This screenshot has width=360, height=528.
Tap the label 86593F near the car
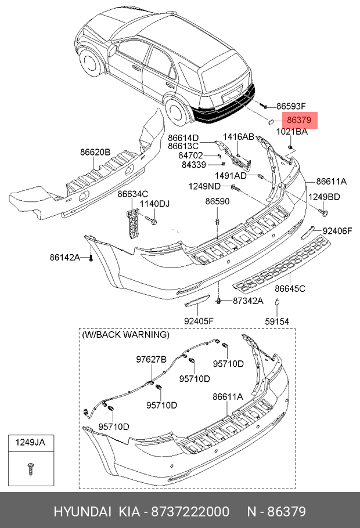tap(290, 106)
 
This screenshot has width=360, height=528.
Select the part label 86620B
tap(95, 152)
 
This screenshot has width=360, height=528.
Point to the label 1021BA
tap(291, 132)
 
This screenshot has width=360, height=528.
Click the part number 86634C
tap(133, 194)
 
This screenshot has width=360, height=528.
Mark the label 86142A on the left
tap(64, 256)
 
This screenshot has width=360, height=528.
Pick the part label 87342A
tap(248, 301)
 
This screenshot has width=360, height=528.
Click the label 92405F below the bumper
tap(199, 321)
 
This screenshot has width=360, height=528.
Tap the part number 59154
tap(277, 321)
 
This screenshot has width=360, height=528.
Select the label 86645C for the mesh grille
tap(290, 288)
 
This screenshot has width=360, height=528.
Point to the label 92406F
tap(337, 230)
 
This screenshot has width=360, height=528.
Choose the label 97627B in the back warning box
tap(152, 360)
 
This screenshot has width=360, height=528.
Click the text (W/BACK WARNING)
tap(125, 335)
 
